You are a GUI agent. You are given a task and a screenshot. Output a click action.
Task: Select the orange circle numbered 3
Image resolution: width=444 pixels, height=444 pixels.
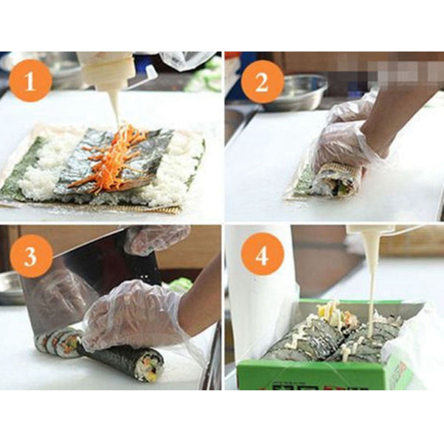[31, 256]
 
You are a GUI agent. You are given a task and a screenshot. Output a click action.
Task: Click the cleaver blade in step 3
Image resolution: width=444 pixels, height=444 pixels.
[67, 284]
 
